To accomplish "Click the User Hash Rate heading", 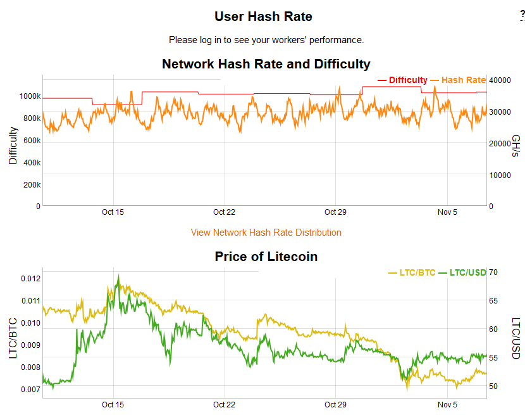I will (x=263, y=16).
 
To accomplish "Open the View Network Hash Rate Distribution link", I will (x=266, y=233).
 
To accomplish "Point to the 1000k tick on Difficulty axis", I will (x=29, y=96).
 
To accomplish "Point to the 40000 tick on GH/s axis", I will (x=501, y=80).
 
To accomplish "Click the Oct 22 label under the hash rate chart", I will (x=224, y=212).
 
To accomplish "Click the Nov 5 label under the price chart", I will (x=447, y=405).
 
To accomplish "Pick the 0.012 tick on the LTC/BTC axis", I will (x=30, y=279).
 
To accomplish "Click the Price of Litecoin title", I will (x=266, y=257).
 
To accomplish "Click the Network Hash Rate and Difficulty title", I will (x=266, y=64).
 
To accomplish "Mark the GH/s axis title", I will (x=516, y=146).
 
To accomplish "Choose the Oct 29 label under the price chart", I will (x=335, y=405).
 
